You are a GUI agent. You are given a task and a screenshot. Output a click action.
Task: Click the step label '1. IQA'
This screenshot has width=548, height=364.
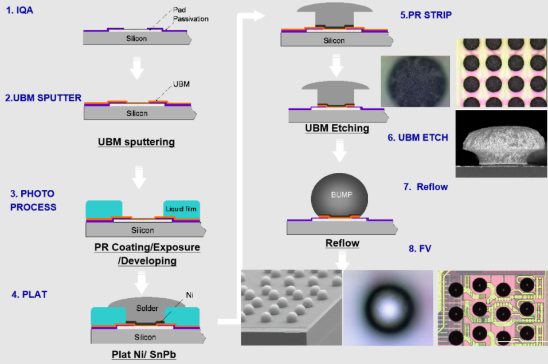tap(20, 10)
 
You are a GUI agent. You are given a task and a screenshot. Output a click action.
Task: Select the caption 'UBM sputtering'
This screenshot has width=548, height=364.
tap(136, 141)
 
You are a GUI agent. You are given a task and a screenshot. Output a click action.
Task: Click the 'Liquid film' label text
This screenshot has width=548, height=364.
tap(181, 209)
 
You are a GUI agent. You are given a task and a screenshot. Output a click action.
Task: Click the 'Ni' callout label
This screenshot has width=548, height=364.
tap(187, 295)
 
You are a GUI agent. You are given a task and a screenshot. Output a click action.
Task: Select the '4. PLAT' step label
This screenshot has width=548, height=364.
tap(29, 294)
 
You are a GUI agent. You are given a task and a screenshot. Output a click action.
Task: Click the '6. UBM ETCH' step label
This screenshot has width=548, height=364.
tap(417, 138)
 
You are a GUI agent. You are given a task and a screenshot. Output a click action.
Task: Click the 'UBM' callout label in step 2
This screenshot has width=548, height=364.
tap(181, 84)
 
